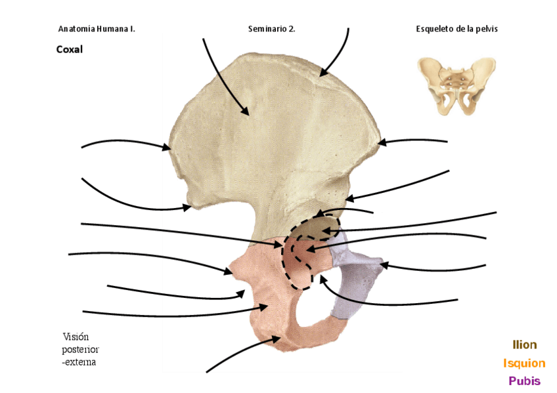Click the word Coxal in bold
pos(70,49)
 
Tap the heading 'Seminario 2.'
pos(271,29)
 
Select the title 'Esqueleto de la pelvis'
pos(461,29)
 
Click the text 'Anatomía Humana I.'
pos(97,29)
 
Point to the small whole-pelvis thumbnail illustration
pos(456,86)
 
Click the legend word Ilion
pos(524,344)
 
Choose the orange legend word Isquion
pos(524,363)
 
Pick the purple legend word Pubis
pos(524,381)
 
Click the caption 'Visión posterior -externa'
pos(79,349)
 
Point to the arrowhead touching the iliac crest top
pos(322,73)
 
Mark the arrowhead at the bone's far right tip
pos(382,141)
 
